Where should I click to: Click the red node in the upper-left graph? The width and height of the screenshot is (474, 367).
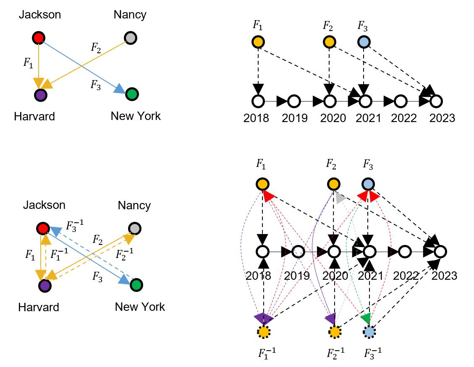coord(39,38)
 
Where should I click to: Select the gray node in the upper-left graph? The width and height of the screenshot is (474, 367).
coord(131,38)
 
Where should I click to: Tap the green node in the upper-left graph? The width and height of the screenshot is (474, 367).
coord(132,94)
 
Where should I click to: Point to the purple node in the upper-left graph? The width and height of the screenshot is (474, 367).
coord(41,95)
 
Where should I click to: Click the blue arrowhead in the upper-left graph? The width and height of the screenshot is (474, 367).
coord(120,89)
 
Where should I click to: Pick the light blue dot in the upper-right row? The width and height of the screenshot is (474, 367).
coord(364,42)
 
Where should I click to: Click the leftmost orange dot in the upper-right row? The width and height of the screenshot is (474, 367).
coord(258,42)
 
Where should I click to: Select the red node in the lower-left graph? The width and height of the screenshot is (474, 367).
coord(43,229)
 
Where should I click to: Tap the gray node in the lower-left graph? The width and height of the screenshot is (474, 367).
coord(135,229)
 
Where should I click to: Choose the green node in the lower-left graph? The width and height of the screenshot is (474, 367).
coord(136,285)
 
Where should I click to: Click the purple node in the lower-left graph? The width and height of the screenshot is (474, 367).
coord(45,286)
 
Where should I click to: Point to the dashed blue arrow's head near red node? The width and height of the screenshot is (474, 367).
coord(56,231)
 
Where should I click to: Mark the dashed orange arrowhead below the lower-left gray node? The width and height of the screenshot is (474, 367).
coord(129,239)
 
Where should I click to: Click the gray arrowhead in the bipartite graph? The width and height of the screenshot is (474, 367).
coord(340,198)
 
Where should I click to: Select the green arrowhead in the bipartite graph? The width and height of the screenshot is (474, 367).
coord(366,318)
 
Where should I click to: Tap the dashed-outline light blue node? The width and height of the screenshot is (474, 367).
coord(369,332)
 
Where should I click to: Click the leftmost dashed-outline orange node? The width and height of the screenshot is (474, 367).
coord(264,332)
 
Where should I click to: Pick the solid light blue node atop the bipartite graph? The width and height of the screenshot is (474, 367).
coord(368,184)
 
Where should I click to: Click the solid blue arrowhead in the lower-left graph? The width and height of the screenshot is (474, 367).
coord(124,280)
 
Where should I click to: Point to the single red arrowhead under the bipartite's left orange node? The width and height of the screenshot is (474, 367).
coord(268,195)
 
